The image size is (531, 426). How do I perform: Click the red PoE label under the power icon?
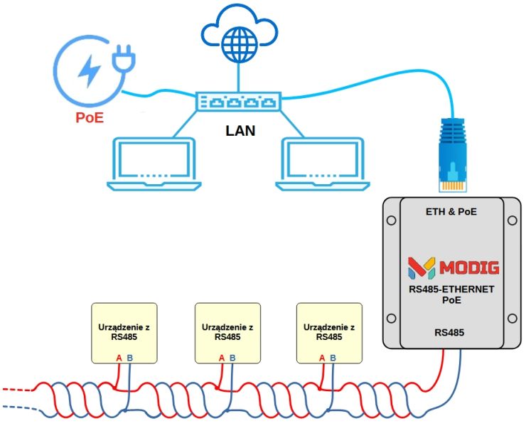click(90, 117)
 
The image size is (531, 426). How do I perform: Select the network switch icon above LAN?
click(238, 101)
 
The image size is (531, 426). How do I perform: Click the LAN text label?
click(240, 131)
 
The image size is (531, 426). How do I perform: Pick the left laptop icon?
click(153, 164)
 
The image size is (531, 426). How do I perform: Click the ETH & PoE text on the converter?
click(451, 211)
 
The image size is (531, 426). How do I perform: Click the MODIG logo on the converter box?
click(453, 267)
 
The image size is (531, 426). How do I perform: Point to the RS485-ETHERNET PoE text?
click(452, 295)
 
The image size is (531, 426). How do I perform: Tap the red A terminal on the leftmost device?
click(119, 357)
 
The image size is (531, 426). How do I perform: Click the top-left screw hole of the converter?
click(390, 220)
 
